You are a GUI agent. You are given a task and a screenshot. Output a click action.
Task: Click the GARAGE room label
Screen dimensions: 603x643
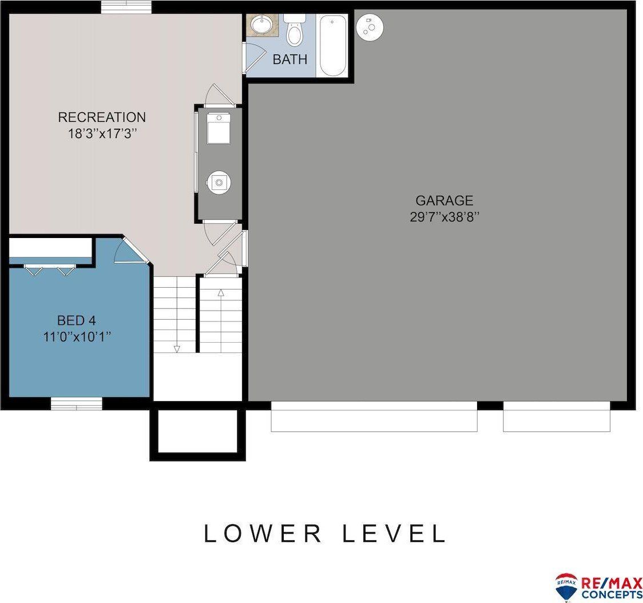[x=444, y=200]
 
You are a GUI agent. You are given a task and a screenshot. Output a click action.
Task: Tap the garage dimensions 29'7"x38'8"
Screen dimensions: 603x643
[x=444, y=217]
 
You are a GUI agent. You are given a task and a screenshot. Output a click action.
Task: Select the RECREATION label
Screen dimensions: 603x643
[x=102, y=117]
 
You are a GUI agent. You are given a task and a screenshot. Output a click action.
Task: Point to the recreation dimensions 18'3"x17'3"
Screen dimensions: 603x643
[x=102, y=134]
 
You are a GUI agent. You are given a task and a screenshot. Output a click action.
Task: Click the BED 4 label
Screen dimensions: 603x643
[x=76, y=320]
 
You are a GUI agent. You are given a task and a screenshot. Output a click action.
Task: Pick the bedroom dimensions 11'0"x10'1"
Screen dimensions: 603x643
[x=76, y=336]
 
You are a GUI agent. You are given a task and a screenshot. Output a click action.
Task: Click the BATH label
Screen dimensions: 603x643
[x=289, y=59]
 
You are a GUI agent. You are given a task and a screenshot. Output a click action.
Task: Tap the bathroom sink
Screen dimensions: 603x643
[x=263, y=25]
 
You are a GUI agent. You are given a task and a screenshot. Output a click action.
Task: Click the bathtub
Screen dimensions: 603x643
[x=332, y=46]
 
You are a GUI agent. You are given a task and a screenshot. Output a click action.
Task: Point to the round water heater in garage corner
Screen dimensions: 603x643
[x=370, y=26]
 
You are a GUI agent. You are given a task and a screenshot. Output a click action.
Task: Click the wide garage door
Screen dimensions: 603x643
[x=374, y=416]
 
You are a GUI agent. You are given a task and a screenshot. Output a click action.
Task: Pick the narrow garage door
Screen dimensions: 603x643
[x=556, y=416]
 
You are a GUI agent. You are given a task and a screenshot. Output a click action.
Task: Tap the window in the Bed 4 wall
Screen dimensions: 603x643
[x=76, y=403]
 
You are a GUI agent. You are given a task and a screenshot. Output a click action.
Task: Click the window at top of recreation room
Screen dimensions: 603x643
[x=126, y=6]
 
